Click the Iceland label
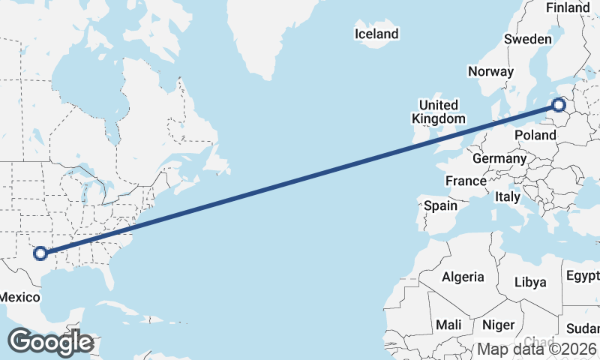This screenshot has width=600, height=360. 376,34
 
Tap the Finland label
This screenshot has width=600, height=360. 568,7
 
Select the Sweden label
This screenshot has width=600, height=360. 528,39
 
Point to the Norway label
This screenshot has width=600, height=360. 490,72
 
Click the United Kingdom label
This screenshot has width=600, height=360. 439,112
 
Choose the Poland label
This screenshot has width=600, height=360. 535,135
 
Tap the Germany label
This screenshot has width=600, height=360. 499,159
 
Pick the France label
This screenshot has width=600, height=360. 466,181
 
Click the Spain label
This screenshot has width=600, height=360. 440,205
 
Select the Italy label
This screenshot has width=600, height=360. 508,197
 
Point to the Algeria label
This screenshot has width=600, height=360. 463,277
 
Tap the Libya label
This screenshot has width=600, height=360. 530,282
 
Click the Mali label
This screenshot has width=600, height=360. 448,325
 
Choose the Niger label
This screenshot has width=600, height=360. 497,325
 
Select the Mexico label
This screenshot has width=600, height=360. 19,298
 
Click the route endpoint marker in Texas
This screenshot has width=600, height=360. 41,254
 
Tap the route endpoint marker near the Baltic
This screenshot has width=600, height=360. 559,105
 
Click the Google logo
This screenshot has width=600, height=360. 50,342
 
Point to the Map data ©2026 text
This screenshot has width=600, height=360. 537,349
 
